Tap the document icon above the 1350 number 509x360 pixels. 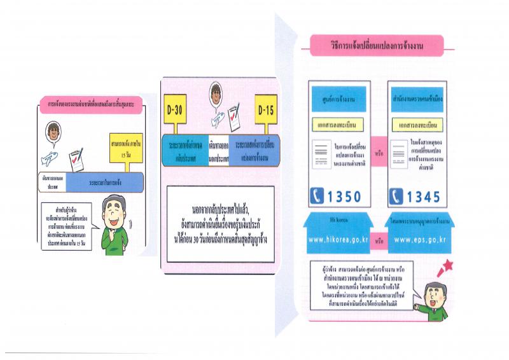pyautogui.click(x=321, y=153)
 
